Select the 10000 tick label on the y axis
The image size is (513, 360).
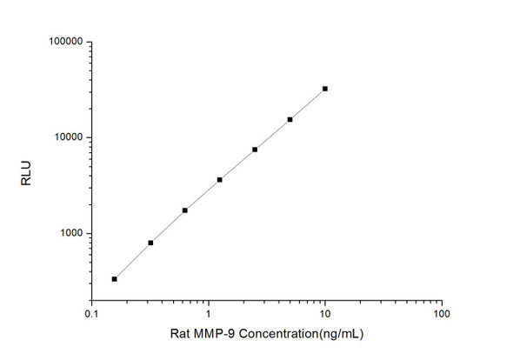(65, 137)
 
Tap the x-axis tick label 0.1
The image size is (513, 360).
(91, 313)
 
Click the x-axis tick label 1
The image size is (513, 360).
(209, 313)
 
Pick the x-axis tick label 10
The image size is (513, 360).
(325, 313)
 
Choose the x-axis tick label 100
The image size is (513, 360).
(442, 313)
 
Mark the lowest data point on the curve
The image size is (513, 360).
(115, 278)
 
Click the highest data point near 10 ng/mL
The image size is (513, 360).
(325, 89)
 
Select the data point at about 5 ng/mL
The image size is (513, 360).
(290, 119)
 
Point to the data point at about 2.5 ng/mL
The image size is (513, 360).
(255, 150)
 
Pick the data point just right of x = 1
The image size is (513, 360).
(219, 179)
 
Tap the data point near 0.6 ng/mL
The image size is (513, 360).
(184, 210)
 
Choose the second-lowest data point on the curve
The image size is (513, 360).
(150, 243)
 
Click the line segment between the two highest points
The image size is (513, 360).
(308, 103)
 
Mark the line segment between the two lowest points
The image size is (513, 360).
(132, 261)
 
